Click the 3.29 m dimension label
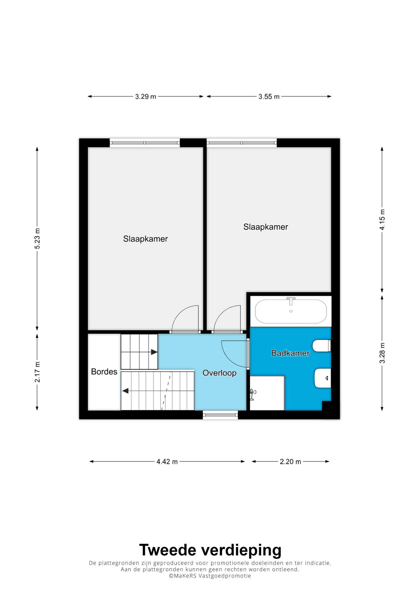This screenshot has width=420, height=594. point(146,97)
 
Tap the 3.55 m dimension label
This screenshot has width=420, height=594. point(269,97)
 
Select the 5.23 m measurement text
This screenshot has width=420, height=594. point(37,239)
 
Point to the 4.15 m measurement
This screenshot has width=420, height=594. point(382,220)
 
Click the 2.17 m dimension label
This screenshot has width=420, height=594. point(37,372)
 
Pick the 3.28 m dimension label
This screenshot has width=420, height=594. point(382,353)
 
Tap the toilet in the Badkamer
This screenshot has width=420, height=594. point(322,346)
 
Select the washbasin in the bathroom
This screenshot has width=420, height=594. point(323,378)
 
